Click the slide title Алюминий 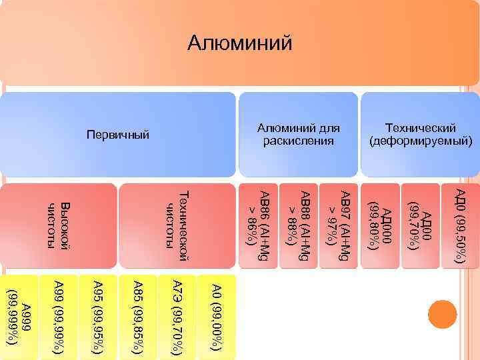240,43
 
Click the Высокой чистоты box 59,225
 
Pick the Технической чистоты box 177,225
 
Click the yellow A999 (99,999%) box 20,316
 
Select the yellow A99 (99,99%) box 59,316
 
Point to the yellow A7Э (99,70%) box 177,316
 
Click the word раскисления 298,141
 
